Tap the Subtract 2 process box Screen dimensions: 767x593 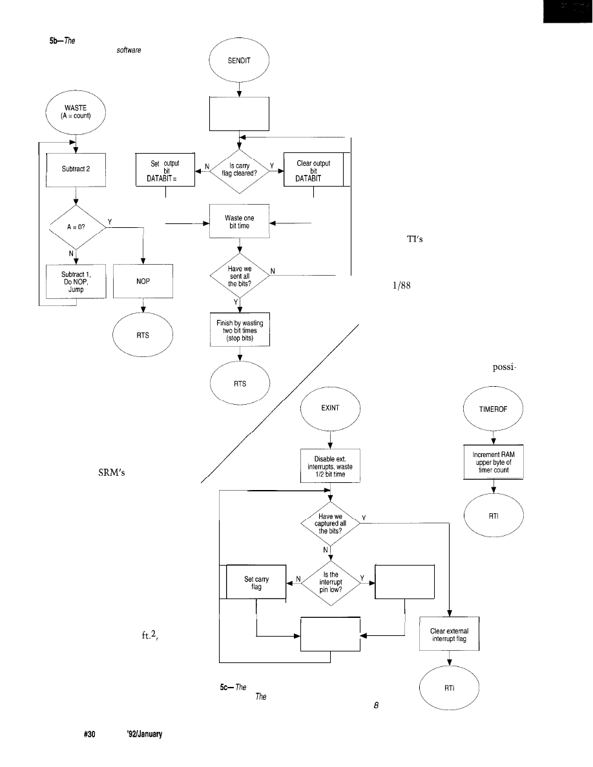[x=77, y=169]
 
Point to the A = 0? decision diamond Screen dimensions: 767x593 [x=76, y=225]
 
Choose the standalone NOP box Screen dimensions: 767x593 [x=143, y=281]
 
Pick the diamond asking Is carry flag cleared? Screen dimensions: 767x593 [x=240, y=170]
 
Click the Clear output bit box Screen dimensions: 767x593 [x=313, y=170]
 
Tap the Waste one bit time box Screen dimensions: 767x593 [x=240, y=221]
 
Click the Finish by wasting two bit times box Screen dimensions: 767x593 [x=240, y=329]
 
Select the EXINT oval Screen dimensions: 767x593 [x=330, y=408]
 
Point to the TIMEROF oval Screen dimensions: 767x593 [x=494, y=408]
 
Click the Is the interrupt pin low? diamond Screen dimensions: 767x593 [x=330, y=580]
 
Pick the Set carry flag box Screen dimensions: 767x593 [x=256, y=580]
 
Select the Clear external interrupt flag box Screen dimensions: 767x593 [x=450, y=635]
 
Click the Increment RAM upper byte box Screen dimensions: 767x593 [x=494, y=462]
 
